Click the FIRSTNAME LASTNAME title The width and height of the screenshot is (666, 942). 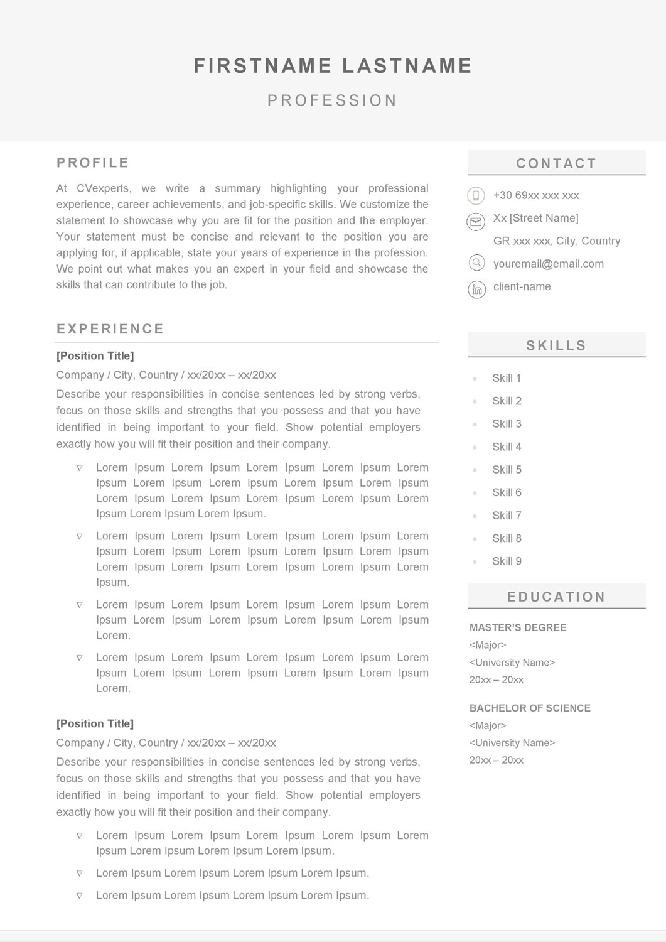tap(333, 66)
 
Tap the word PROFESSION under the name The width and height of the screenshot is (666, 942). tap(333, 100)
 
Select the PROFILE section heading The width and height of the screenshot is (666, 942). tap(93, 163)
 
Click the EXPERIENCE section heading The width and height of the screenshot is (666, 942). tap(110, 329)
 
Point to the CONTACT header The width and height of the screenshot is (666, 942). tap(556, 163)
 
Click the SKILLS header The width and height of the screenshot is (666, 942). tap(556, 345)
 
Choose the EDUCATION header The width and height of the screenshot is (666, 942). tap(556, 597)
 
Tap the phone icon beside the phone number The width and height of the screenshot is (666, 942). tap(476, 196)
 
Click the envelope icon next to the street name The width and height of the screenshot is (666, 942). tap(476, 222)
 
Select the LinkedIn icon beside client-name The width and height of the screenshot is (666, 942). tap(477, 290)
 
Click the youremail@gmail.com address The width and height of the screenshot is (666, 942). tap(549, 264)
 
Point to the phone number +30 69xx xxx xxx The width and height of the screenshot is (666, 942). tap(536, 195)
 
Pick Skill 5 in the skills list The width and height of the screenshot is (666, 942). tap(507, 470)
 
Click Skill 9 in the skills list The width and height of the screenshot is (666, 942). tap(507, 561)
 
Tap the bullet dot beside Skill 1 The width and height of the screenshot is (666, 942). tap(475, 379)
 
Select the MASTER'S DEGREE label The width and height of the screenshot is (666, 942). tap(518, 627)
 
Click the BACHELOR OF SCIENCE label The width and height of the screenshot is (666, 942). tap(530, 708)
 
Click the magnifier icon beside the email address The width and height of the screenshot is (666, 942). tap(476, 263)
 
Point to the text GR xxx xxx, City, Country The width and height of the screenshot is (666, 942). tap(557, 241)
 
